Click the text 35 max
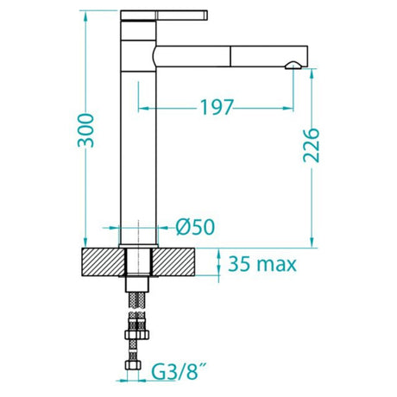tap(263, 262)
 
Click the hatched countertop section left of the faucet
tap(103, 262)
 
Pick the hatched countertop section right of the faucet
tap(180, 262)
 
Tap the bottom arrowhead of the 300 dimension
tap(85, 243)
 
